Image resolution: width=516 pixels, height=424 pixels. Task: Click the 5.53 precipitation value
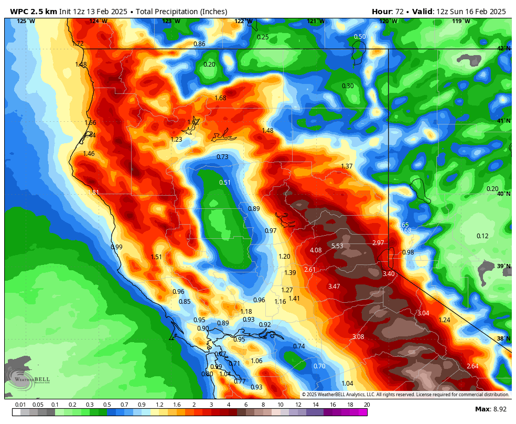pyautogui.click(x=337, y=246)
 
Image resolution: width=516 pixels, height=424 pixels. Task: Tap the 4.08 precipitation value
pyautogui.click(x=316, y=250)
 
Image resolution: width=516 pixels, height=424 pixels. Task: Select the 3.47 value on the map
pyautogui.click(x=334, y=287)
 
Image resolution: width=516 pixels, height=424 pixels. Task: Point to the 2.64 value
pyautogui.click(x=472, y=366)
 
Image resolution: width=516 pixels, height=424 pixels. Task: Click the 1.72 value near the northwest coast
pyautogui.click(x=78, y=44)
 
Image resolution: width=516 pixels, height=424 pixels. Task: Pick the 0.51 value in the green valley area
pyautogui.click(x=225, y=183)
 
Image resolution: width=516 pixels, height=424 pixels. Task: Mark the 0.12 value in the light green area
pyautogui.click(x=482, y=236)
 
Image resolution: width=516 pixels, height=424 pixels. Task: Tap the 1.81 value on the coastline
pyautogui.click(x=93, y=193)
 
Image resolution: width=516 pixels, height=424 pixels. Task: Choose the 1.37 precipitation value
pyautogui.click(x=347, y=166)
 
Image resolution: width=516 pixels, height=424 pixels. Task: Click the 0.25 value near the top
pyautogui.click(x=263, y=37)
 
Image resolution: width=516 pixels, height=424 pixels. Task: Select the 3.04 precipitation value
pyautogui.click(x=423, y=313)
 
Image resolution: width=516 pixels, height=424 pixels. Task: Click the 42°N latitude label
pyautogui.click(x=503, y=48)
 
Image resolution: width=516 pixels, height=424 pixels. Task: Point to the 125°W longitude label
pyautogui.click(x=26, y=21)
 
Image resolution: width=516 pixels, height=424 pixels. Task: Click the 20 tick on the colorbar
pyautogui.click(x=367, y=405)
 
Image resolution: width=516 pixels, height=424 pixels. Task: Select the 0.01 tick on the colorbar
pyautogui.click(x=20, y=405)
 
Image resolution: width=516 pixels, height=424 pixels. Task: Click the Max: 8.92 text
pyautogui.click(x=490, y=409)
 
